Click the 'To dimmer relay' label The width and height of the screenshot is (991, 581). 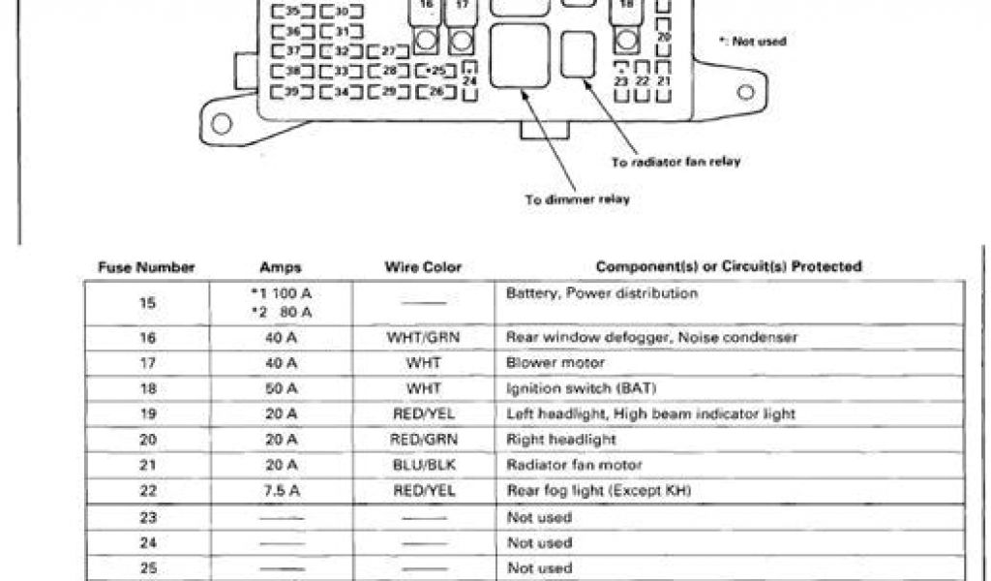[x=578, y=199]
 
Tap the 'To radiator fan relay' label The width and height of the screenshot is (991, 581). [x=676, y=162]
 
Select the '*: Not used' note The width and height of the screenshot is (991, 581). [x=753, y=42]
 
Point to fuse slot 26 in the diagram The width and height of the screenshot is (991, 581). [x=436, y=92]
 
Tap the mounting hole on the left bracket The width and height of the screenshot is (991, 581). [x=222, y=123]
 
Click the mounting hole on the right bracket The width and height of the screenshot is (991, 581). [x=745, y=93]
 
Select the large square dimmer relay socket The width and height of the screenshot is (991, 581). [x=520, y=57]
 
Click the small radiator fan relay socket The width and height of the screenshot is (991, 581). [x=579, y=54]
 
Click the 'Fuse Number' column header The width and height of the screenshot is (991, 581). [x=146, y=266]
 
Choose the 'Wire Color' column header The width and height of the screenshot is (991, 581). [x=423, y=266]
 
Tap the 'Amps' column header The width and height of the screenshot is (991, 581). [x=281, y=266]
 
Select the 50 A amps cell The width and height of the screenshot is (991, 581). [x=281, y=388]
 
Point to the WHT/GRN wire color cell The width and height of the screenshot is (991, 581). [x=423, y=338]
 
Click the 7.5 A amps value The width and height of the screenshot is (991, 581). [x=281, y=491]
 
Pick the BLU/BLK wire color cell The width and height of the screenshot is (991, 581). [x=423, y=466]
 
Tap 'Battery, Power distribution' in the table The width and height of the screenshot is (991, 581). [x=601, y=292]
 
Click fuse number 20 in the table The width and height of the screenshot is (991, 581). [x=147, y=440]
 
